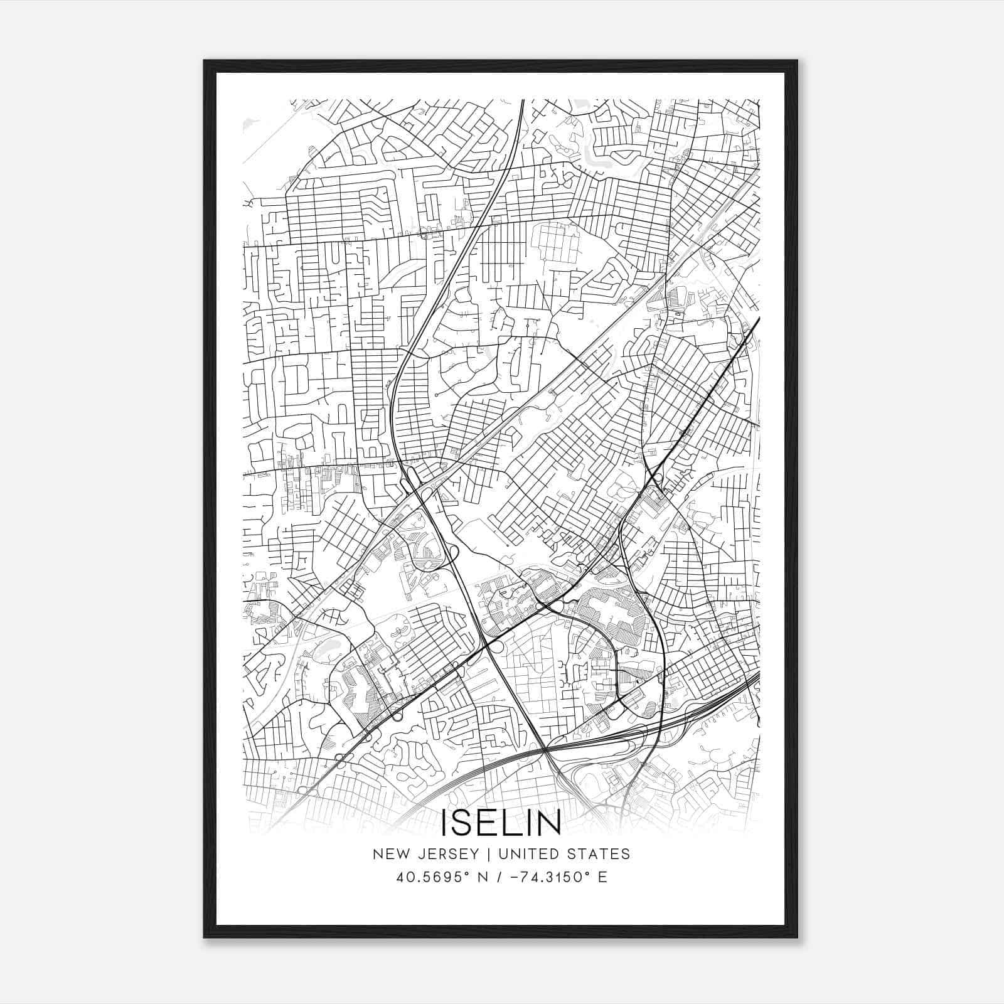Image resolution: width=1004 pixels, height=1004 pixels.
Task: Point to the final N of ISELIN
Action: pos(548,823)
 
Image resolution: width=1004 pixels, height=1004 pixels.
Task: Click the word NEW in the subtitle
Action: pos(388,854)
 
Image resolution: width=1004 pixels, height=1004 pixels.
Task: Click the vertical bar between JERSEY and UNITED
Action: pos(481,854)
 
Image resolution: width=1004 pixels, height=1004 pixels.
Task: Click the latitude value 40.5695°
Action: pos(432,877)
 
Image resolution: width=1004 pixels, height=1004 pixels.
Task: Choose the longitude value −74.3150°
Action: pos(555,877)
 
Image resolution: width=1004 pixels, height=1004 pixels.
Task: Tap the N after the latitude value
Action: pos(481,877)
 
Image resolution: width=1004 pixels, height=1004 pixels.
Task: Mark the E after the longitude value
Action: pos(602,877)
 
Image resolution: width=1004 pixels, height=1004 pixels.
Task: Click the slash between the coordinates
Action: pos(500,877)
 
